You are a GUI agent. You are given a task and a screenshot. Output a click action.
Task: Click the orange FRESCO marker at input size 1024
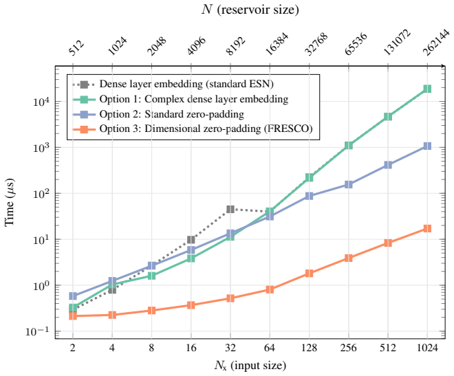tap(427, 228)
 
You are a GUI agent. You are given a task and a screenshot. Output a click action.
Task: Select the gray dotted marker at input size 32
tap(230, 209)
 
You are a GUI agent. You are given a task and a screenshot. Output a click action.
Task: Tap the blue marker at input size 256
tap(348, 184)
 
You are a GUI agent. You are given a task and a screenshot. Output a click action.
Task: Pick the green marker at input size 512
tap(388, 117)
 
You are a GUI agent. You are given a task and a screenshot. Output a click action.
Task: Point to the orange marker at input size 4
tap(112, 315)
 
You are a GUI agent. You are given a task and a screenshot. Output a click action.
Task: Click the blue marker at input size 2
tap(73, 296)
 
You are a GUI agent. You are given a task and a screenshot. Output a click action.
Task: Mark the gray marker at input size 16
tap(191, 240)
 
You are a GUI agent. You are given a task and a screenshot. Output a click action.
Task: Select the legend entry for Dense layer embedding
tap(173, 84)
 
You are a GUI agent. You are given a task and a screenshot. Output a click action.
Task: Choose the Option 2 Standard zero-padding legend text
tap(172, 114)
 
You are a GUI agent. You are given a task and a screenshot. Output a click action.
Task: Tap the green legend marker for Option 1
tap(84, 99)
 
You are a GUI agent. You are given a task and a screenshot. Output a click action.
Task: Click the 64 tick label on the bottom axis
tap(270, 347)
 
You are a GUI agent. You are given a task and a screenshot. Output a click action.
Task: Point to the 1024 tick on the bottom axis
tap(427, 347)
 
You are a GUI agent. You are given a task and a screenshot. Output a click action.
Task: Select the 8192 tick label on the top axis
tap(236, 45)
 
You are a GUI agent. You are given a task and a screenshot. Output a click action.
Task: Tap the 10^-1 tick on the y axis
tap(38, 331)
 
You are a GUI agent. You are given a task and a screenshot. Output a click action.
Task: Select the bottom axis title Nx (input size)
tap(250, 366)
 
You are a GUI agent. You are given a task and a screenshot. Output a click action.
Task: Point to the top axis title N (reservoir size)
tap(250, 9)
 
